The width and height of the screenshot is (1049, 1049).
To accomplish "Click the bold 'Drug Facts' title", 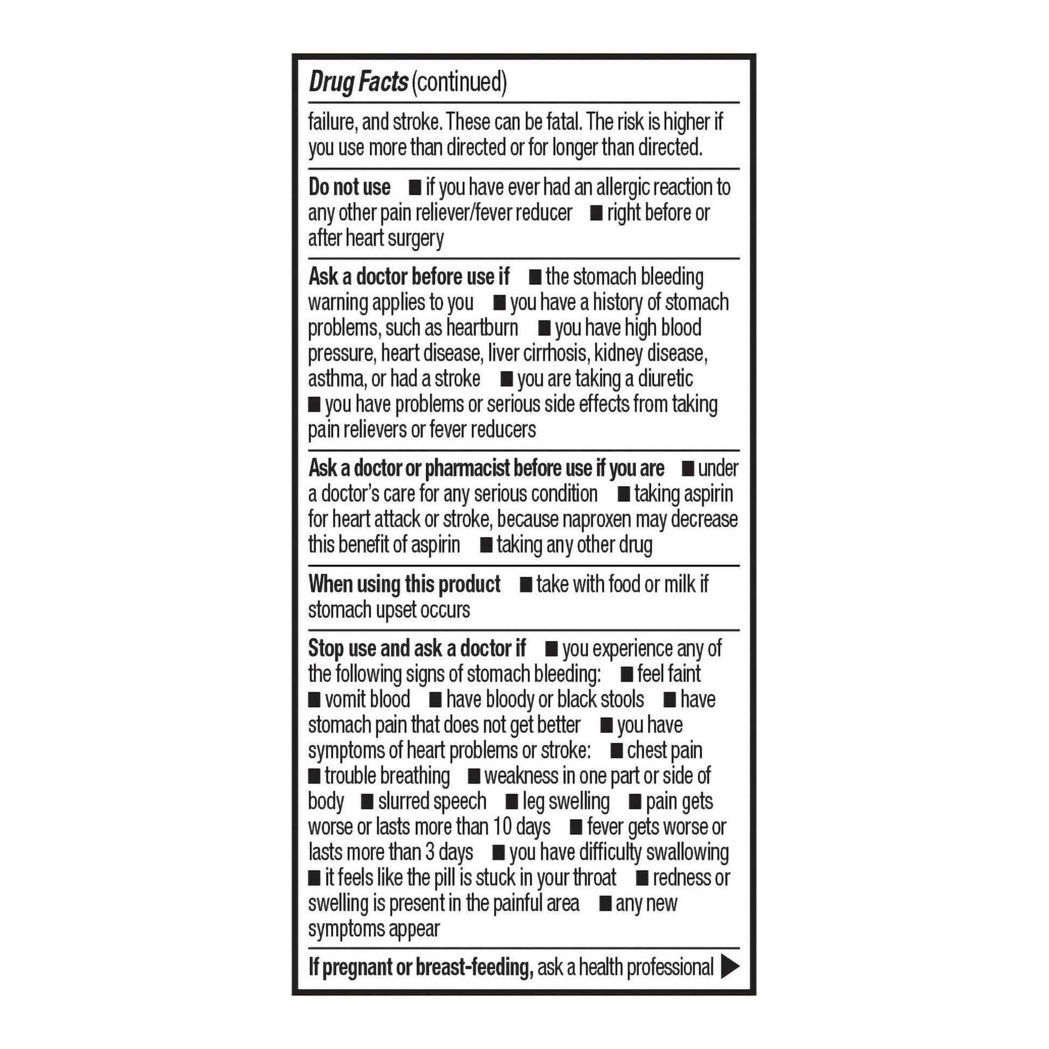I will [x=358, y=82].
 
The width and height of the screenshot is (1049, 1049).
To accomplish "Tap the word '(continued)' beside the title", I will [x=459, y=82].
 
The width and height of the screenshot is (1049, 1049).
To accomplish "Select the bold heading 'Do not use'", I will [x=349, y=188].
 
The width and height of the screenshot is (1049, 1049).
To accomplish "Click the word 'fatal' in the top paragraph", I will [x=563, y=122].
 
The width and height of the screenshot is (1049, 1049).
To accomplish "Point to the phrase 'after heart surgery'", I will [x=376, y=238].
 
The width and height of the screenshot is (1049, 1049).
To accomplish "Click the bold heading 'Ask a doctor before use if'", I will [x=409, y=277].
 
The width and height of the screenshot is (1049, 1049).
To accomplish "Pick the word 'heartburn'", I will [x=481, y=328].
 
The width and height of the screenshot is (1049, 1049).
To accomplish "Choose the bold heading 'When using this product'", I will [x=404, y=584].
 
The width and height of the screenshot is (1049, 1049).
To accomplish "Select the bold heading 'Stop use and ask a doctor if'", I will [x=417, y=648].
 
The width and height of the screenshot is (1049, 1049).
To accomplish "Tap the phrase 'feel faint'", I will [x=669, y=674].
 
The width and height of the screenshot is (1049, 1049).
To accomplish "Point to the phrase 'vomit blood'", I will [x=367, y=699].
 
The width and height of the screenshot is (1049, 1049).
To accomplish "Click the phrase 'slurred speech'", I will [x=432, y=802].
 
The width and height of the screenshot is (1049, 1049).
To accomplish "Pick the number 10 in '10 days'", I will [x=502, y=827].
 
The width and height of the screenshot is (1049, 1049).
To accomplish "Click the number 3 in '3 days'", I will [x=430, y=852].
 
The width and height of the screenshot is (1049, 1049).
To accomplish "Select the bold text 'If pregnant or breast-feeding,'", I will [x=421, y=967].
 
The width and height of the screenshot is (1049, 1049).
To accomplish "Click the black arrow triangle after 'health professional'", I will [x=729, y=967].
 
